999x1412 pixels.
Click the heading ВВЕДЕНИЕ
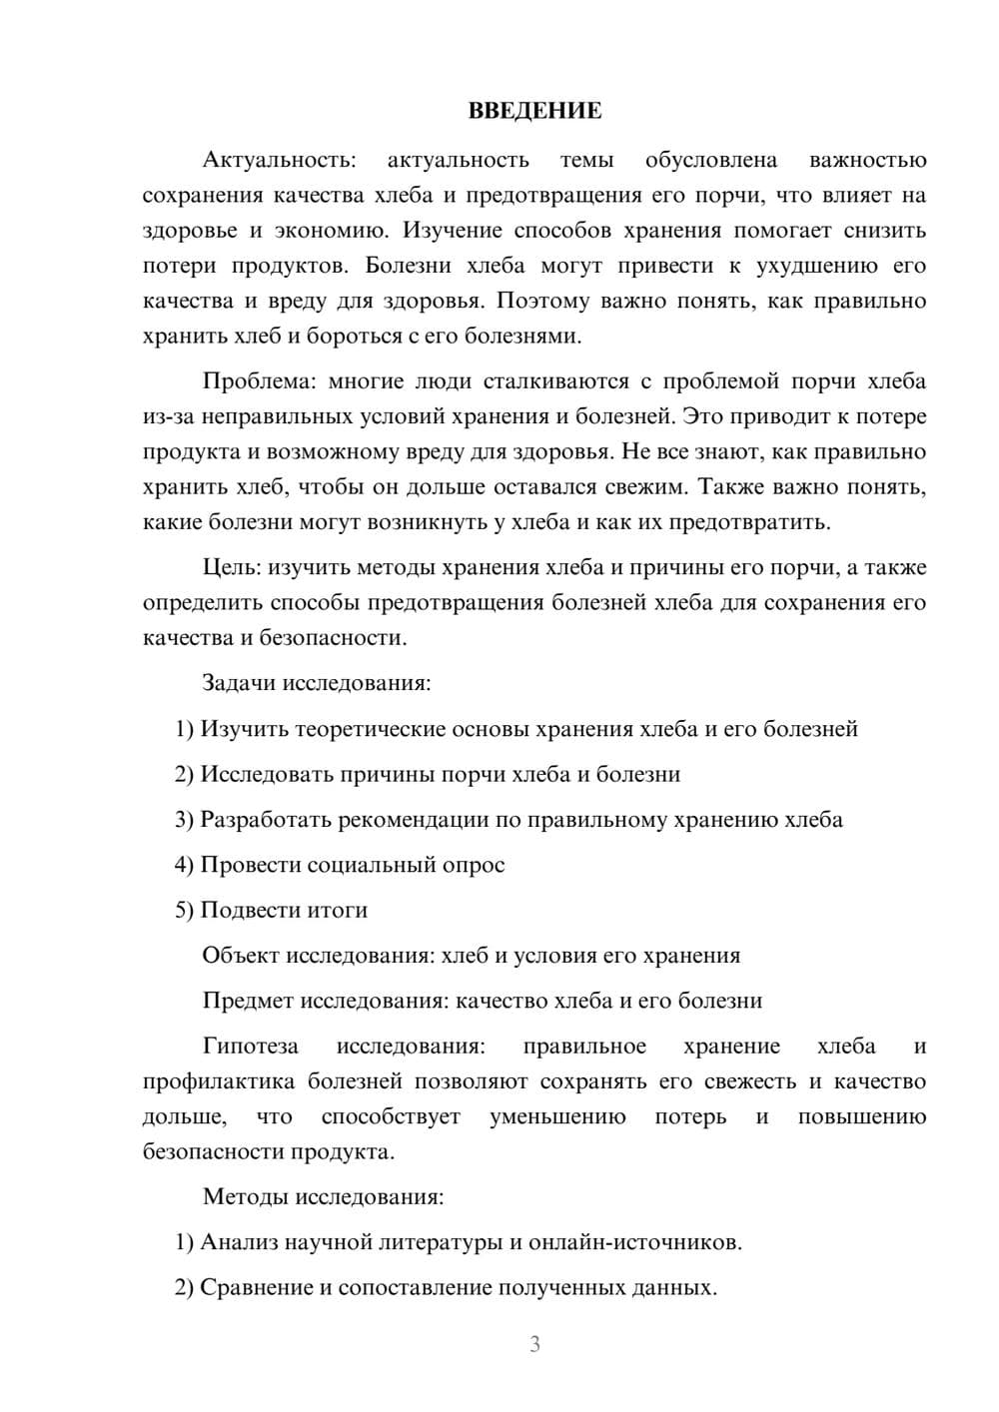tap(534, 111)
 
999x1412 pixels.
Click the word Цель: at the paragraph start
tap(232, 568)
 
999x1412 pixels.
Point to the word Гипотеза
tap(250, 1047)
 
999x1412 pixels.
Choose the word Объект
tap(241, 956)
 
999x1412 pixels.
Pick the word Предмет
tap(248, 1001)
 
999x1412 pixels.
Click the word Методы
tap(240, 1197)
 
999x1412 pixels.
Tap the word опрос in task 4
tap(474, 865)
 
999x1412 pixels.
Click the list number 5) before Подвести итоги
tap(184, 911)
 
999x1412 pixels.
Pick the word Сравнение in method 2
tap(256, 1288)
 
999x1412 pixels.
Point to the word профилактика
tap(219, 1081)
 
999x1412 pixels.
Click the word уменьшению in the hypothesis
tap(557, 1117)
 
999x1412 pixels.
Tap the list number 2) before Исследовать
tap(184, 775)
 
